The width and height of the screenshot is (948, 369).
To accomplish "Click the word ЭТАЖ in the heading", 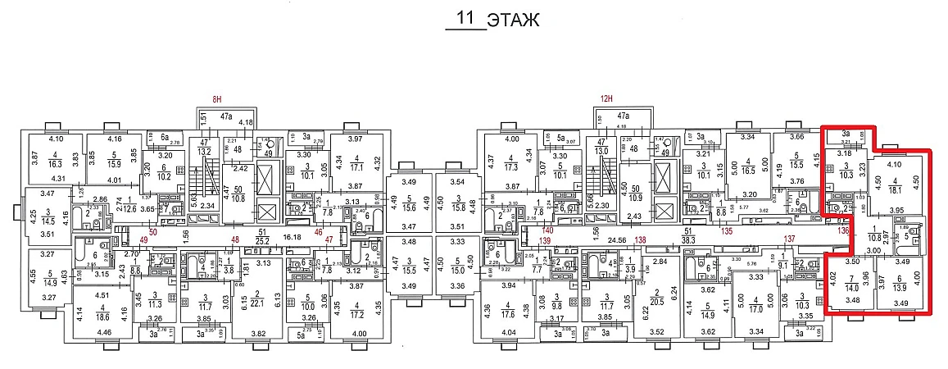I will tap(512, 20).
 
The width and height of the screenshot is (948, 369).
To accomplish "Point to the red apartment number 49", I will tap(143, 239).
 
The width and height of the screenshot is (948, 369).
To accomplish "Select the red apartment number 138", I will tap(641, 239).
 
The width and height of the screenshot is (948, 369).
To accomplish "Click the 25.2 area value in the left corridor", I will tap(262, 242).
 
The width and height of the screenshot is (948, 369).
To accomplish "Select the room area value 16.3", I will tap(55, 163).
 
